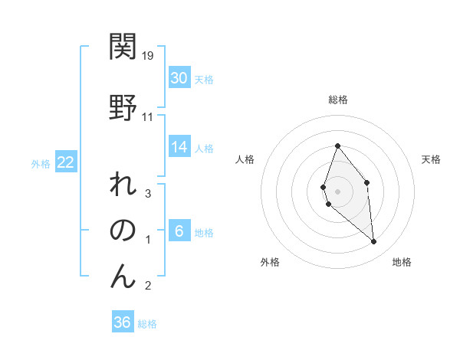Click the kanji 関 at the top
pyautogui.click(x=123, y=47)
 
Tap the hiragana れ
pyautogui.click(x=123, y=188)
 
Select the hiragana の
pyautogui.click(x=123, y=231)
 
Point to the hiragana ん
pyautogui.click(x=123, y=276)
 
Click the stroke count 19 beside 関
pyautogui.click(x=149, y=56)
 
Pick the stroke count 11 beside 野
pyautogui.click(x=148, y=116)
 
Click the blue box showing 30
pyautogui.click(x=179, y=78)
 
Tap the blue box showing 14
pyautogui.click(x=179, y=147)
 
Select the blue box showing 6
pyautogui.click(x=179, y=231)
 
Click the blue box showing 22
pyautogui.click(x=66, y=162)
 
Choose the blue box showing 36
pyautogui.click(x=123, y=322)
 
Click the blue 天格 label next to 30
pyautogui.click(x=204, y=80)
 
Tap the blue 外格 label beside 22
pyautogui.click(x=41, y=163)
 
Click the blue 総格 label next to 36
pyautogui.click(x=147, y=324)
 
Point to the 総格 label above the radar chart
pyautogui.click(x=338, y=100)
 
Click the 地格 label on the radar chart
pyautogui.click(x=402, y=262)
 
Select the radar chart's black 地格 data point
pyautogui.click(x=374, y=242)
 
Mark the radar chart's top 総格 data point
pyautogui.click(x=337, y=146)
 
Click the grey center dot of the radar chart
pyautogui.click(x=337, y=191)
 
